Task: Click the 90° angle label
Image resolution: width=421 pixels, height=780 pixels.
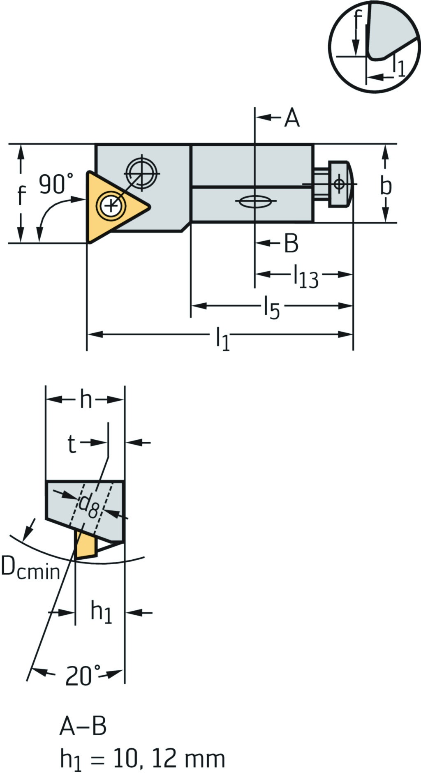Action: click(56, 183)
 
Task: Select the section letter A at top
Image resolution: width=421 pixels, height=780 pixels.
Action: click(292, 118)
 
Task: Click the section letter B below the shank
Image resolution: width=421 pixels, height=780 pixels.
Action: click(291, 243)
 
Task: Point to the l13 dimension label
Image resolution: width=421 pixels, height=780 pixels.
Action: click(306, 277)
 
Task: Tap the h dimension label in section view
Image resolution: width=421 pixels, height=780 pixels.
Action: click(86, 399)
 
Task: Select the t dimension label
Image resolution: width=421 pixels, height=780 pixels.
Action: click(72, 444)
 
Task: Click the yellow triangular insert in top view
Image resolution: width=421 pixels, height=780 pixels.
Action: click(103, 205)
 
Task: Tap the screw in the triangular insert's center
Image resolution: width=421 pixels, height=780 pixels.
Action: click(110, 204)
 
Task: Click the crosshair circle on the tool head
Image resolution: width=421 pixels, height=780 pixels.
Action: click(142, 173)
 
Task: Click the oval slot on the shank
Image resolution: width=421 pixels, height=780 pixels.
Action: click(255, 201)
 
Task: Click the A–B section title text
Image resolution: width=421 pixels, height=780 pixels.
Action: click(83, 726)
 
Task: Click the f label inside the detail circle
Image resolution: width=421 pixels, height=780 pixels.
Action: click(359, 19)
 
